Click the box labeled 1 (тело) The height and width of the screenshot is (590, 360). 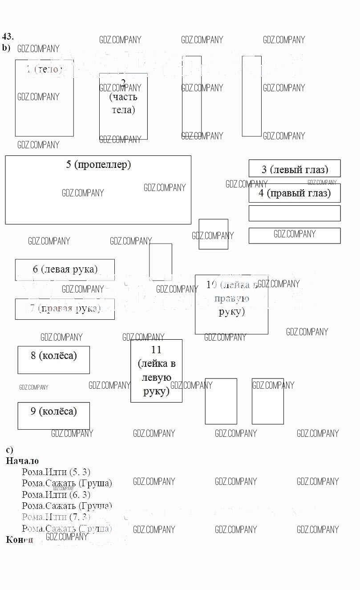(x=44, y=98)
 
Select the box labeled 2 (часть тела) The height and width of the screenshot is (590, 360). (x=123, y=106)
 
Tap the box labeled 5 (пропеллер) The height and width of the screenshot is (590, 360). (x=98, y=190)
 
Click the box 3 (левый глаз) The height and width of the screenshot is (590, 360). (x=295, y=169)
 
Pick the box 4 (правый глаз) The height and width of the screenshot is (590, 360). (x=295, y=193)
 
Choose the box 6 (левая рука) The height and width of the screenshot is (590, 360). (x=65, y=269)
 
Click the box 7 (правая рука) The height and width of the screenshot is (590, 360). (x=65, y=309)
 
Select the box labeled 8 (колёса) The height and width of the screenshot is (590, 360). (x=53, y=360)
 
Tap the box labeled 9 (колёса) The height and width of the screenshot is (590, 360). (x=53, y=415)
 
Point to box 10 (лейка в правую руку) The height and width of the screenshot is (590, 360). (x=231, y=304)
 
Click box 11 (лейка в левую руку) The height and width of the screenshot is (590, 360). (x=156, y=370)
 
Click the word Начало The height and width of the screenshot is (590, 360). (x=22, y=461)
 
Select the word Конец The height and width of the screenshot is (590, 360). (x=20, y=540)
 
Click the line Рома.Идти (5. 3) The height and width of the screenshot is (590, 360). (x=56, y=472)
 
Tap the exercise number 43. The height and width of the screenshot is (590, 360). (x=8, y=37)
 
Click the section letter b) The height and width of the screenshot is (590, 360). (x=6, y=48)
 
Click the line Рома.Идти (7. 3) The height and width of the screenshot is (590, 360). (x=56, y=517)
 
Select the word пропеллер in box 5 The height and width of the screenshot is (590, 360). (x=103, y=165)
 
